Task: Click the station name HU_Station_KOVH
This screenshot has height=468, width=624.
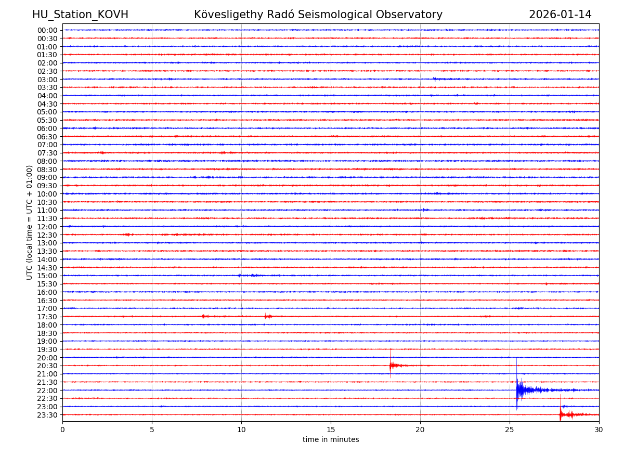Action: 80,15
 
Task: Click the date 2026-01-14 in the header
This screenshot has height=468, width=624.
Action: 560,15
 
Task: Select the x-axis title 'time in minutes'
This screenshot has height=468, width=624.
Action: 331,439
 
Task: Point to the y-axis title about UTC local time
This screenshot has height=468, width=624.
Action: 30,222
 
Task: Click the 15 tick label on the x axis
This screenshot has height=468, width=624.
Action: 331,430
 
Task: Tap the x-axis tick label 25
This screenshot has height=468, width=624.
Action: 510,430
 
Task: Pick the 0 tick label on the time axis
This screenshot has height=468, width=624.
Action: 62,430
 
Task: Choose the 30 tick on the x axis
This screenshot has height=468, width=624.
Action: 599,430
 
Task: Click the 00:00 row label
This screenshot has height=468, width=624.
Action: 47,30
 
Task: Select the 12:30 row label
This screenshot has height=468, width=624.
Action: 47,235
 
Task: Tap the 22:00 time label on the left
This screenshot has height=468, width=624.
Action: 47,391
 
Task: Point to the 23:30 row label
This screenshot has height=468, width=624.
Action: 47,415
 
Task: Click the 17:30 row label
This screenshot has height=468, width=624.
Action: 47,317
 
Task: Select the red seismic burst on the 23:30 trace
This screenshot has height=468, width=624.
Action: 562,414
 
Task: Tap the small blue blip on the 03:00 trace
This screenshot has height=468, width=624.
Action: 435,79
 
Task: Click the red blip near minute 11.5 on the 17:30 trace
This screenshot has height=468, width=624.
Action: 267,316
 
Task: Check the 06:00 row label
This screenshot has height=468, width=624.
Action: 47,128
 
